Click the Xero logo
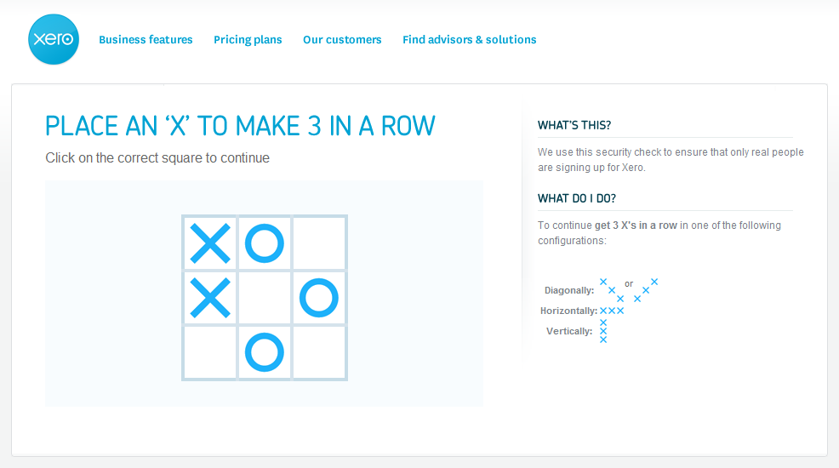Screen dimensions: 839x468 point(54,40)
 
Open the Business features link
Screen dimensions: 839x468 point(146,40)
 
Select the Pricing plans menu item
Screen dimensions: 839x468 point(248,40)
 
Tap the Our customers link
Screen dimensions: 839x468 point(342,40)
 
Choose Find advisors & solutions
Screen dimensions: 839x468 point(469,40)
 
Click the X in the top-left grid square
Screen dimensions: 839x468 point(210,243)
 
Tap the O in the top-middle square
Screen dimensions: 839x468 point(265,243)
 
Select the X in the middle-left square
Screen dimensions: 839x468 point(210,298)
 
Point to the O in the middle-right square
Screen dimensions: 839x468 point(319,298)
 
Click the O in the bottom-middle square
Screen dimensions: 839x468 point(265,352)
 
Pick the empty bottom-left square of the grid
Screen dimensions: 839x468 point(210,352)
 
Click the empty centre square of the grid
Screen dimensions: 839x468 point(265,298)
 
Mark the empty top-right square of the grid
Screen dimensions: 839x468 point(319,243)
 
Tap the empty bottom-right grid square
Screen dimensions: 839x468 point(319,352)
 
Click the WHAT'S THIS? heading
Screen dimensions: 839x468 point(574,125)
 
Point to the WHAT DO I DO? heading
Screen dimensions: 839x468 point(577,198)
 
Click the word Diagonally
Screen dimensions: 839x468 point(569,290)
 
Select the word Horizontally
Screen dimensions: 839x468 point(568,311)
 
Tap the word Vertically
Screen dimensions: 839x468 point(569,331)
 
